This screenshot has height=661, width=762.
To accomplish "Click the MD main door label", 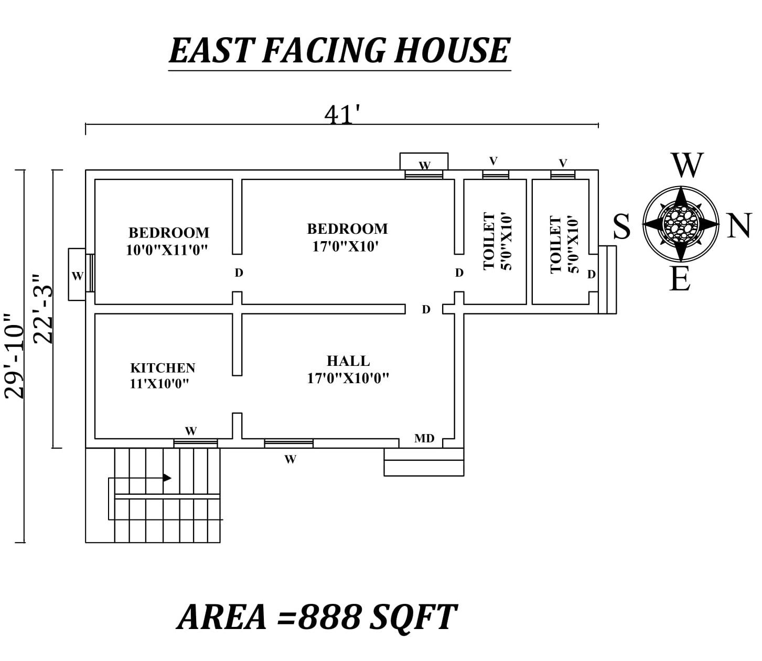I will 424,438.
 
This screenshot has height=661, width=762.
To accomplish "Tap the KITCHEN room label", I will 163,367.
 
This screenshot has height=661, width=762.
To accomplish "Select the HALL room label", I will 348,361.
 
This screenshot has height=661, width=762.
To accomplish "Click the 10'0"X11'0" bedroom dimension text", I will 167,250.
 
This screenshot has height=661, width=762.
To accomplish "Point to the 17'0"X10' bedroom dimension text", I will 346,246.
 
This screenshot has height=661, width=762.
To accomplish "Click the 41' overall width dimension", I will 341,115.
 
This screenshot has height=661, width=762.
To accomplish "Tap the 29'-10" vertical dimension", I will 14,356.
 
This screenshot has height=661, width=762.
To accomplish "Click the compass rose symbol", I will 680,224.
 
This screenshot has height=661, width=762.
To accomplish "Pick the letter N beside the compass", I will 739,226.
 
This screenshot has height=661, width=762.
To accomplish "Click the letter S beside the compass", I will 621,226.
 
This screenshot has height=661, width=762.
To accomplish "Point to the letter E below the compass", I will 680,279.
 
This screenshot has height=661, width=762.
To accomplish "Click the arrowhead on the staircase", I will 167,478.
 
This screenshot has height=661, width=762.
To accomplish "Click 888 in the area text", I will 329,617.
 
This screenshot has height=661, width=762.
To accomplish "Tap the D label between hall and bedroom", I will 426,309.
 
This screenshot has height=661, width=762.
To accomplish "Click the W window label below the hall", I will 290,459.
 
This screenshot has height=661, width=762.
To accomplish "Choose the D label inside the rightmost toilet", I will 591,274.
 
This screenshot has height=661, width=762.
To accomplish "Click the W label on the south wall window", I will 77,276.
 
